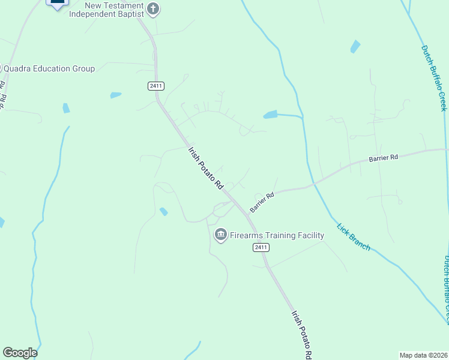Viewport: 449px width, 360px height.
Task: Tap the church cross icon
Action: pyautogui.click(x=153, y=8)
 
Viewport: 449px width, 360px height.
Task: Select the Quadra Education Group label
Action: pyautogui.click(x=49, y=68)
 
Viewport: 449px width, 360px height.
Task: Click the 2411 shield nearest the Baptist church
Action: pyautogui.click(x=155, y=86)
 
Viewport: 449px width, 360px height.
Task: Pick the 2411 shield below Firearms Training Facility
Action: pyautogui.click(x=261, y=247)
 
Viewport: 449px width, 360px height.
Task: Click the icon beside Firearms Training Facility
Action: pyautogui.click(x=220, y=234)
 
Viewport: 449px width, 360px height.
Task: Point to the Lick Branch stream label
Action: pyautogui.click(x=353, y=237)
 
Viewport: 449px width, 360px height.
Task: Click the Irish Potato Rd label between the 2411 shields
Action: pyautogui.click(x=205, y=169)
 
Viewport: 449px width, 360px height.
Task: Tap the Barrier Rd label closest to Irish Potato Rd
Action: pyautogui.click(x=262, y=202)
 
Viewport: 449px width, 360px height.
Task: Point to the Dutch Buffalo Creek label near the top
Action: pyautogui.click(x=434, y=78)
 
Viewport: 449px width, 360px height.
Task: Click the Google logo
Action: pyautogui.click(x=20, y=352)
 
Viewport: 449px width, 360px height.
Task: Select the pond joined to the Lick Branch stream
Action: pyautogui.click(x=270, y=114)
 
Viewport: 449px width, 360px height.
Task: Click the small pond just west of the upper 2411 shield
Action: pyautogui.click(x=115, y=95)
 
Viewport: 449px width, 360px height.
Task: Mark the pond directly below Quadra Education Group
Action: pyautogui.click(x=66, y=108)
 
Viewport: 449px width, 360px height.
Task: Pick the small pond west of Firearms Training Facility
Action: pyautogui.click(x=163, y=211)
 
